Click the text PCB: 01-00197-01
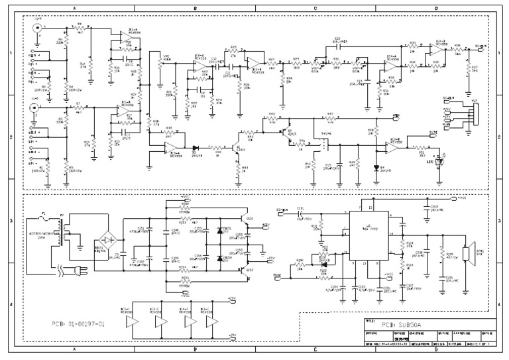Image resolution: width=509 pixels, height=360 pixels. tap(79, 325)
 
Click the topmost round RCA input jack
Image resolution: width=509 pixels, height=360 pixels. tap(38, 29)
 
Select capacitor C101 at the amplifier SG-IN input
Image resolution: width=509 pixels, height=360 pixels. tap(302, 212)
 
